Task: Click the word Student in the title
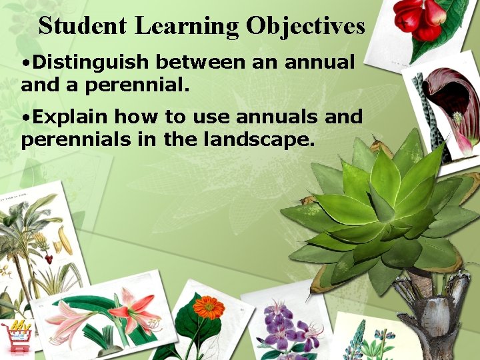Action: [x=83, y=26]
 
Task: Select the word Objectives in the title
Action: [x=305, y=26]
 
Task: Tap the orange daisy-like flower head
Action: [x=209, y=307]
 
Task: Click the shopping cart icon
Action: [x=17, y=337]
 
